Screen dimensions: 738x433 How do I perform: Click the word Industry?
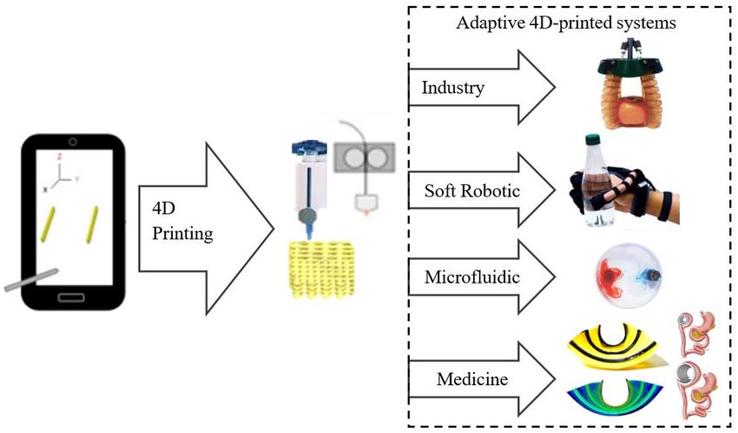[452, 88]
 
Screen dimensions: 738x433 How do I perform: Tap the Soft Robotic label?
[472, 190]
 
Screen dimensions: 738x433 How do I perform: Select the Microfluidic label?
[472, 276]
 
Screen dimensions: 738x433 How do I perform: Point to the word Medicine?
[472, 379]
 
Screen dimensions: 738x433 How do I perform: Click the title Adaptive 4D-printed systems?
[566, 23]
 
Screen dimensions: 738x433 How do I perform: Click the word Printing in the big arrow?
[182, 234]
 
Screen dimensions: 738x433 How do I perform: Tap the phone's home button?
[71, 297]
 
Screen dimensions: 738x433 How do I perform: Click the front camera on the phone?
[72, 142]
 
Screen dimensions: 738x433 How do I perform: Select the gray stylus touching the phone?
[31, 280]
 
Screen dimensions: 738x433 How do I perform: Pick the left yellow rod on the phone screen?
[48, 224]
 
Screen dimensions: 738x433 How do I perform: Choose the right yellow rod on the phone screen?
[92, 224]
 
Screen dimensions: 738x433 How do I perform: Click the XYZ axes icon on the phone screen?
[61, 173]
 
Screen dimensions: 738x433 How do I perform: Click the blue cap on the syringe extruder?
[309, 148]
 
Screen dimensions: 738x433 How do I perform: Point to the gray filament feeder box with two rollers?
[365, 157]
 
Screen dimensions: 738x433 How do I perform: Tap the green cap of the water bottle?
[592, 139]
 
